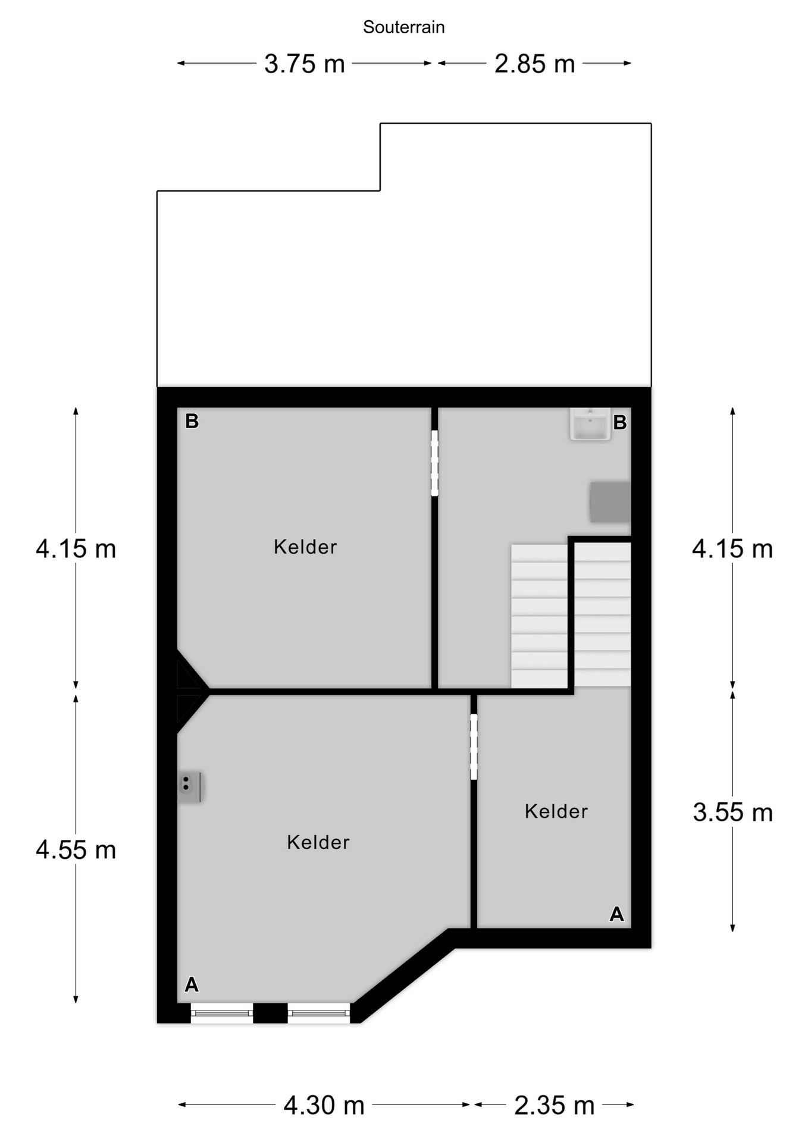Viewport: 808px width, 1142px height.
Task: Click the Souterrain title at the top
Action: [404, 27]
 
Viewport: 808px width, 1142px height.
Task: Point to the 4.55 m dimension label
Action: [76, 850]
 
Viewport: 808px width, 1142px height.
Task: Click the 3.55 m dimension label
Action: [732, 812]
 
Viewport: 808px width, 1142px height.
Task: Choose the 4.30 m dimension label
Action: [324, 1106]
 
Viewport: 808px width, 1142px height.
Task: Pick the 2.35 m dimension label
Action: [554, 1106]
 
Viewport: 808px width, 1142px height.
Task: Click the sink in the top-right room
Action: [590, 424]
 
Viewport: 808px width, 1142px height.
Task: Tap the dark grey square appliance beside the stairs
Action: [610, 503]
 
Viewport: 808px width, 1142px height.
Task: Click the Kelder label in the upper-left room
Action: [305, 547]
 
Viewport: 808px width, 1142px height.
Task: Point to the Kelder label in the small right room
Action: [556, 811]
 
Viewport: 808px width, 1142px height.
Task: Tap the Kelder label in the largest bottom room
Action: [318, 842]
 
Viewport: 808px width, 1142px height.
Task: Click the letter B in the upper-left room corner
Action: [192, 421]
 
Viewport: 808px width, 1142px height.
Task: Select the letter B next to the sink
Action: [620, 422]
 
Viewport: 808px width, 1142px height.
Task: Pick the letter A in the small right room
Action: [617, 914]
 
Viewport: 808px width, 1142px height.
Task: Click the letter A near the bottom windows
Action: [192, 985]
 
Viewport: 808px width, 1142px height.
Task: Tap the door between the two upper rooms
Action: [434, 463]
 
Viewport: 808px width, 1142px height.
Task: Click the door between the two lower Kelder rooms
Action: [474, 746]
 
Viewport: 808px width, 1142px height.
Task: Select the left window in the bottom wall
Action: [222, 1013]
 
